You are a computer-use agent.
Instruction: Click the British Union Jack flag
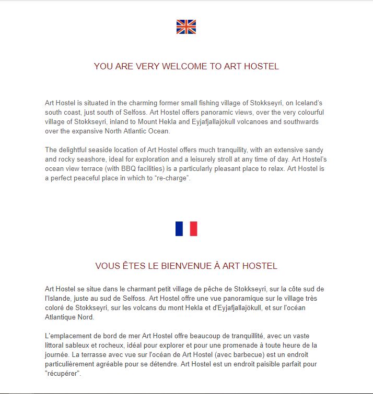pos(186,27)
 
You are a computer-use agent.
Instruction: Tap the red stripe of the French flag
pos(193,229)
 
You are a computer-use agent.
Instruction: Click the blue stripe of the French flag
pos(179,229)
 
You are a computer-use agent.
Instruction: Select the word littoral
pos(56,346)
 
